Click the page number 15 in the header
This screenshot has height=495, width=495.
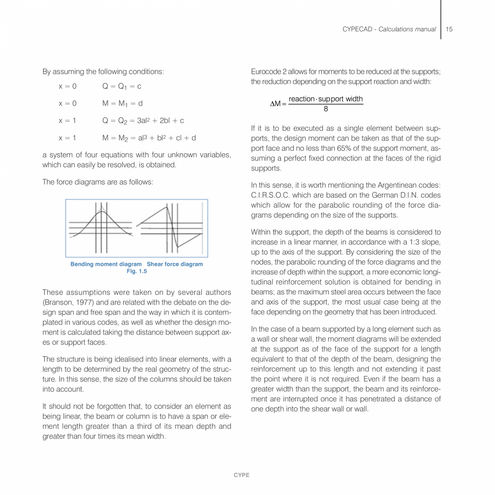(449, 29)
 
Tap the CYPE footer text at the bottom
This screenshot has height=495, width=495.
(242, 475)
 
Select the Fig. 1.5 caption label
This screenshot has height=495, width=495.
(137, 271)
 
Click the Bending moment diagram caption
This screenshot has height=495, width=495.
(106, 264)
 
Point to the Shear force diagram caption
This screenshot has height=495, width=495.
(175, 264)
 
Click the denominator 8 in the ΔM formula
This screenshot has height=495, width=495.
(326, 108)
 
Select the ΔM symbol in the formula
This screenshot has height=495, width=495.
(275, 104)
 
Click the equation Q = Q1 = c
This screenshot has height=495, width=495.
(122, 86)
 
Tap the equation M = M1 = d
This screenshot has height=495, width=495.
(122, 103)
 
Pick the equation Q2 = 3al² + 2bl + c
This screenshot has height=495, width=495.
(143, 121)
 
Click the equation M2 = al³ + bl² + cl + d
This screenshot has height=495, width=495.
(149, 138)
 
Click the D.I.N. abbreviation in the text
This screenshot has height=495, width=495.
(401, 195)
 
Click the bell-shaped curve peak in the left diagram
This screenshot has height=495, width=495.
(102, 212)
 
